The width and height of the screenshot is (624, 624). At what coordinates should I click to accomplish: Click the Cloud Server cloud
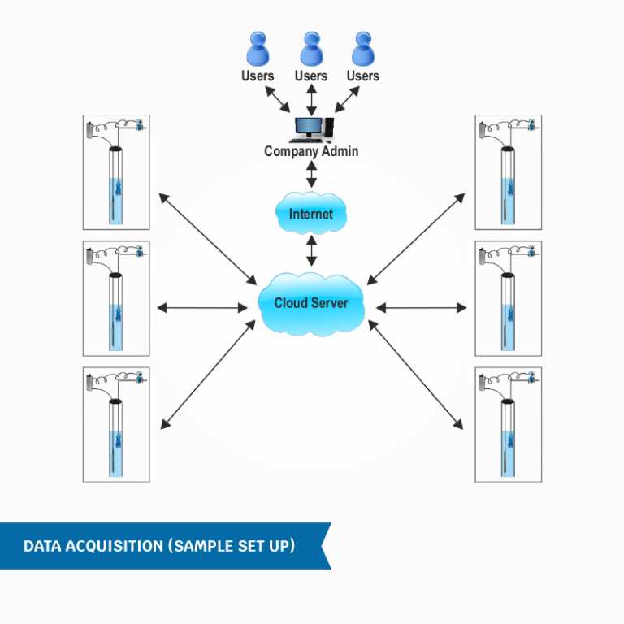point(311,303)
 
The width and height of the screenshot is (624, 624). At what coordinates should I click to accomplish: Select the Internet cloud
point(311,214)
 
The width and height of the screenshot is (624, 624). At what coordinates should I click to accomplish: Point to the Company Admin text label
point(311,151)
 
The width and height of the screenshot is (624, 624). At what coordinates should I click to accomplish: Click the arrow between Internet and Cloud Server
point(311,250)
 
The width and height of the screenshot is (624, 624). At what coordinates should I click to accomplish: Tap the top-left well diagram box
point(116,172)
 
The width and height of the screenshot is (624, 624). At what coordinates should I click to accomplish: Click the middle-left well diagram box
point(116,298)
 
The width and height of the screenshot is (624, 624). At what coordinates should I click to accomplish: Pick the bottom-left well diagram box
point(116,424)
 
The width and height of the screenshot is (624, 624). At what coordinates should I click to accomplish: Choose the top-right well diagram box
point(508,172)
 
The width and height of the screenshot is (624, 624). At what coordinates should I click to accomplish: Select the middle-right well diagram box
point(508,298)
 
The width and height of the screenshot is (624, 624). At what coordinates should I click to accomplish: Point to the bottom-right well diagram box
point(508,424)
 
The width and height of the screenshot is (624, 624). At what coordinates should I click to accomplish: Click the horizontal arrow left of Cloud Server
point(201,307)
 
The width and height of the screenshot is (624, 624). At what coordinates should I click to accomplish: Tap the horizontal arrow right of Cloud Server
point(422,307)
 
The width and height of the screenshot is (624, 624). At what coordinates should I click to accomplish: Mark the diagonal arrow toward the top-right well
point(416,239)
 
